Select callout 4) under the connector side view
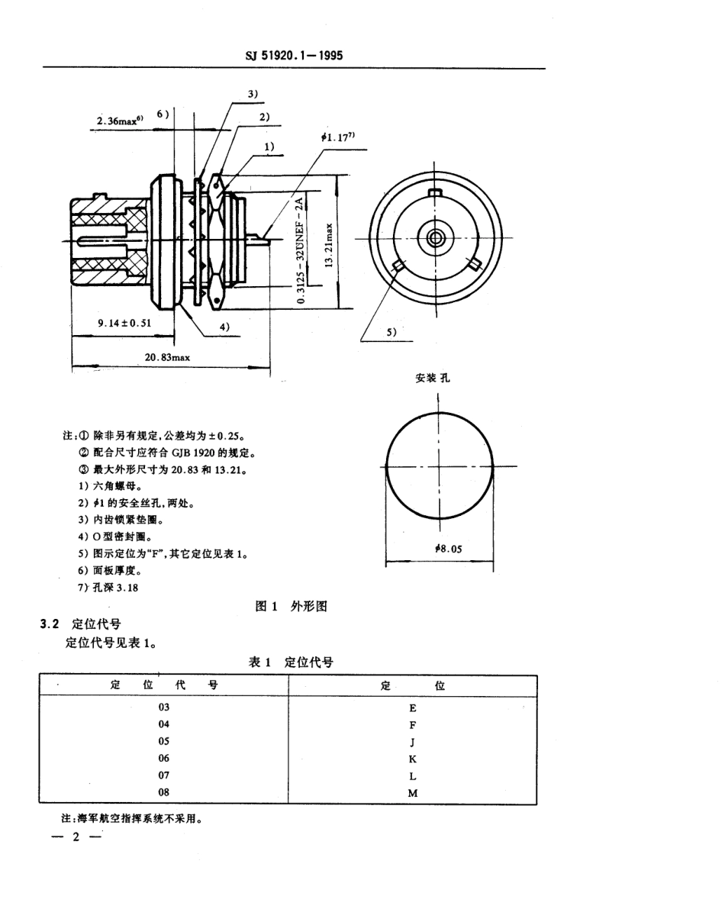(x=224, y=327)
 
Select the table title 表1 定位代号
(x=291, y=662)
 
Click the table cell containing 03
(x=164, y=707)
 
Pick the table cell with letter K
(x=413, y=759)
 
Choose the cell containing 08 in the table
(x=164, y=793)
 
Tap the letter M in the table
(x=413, y=793)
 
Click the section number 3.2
(x=49, y=624)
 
